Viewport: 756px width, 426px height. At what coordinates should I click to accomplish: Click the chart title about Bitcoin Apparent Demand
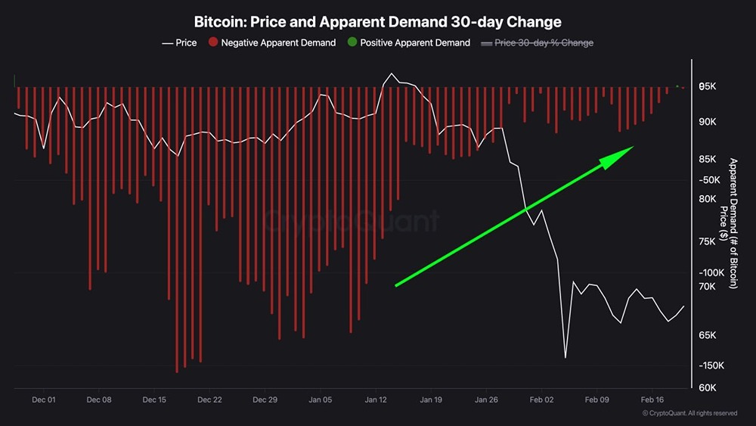[x=377, y=22]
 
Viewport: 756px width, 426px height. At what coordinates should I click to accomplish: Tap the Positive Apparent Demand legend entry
[x=408, y=43]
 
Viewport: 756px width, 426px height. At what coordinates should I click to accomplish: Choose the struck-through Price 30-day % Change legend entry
[x=537, y=43]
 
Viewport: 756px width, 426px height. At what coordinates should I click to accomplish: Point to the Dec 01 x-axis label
[x=45, y=399]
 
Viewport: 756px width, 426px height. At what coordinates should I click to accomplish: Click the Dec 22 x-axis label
[x=209, y=399]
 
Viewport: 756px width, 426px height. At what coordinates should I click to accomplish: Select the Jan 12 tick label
[x=376, y=399]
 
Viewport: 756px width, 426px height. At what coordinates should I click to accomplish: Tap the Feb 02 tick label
[x=541, y=399]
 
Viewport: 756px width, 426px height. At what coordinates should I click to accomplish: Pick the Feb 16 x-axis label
[x=652, y=399]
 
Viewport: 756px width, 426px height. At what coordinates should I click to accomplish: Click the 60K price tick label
[x=706, y=388]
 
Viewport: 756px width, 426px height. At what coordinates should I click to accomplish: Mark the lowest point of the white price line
[x=565, y=357]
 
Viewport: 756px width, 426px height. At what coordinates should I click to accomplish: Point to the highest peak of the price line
[x=391, y=74]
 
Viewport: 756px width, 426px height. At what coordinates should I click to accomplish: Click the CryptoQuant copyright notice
[x=689, y=413]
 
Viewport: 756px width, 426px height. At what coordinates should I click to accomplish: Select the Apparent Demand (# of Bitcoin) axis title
[x=733, y=223]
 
